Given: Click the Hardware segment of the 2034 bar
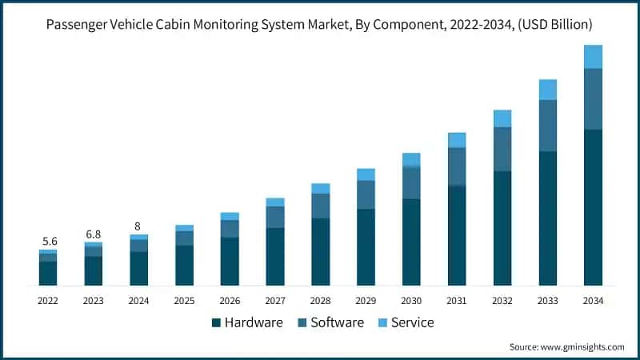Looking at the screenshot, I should pyautogui.click(x=593, y=207).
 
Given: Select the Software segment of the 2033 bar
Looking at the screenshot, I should pyautogui.click(x=547, y=126).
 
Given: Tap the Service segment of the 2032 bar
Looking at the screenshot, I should pyautogui.click(x=502, y=118).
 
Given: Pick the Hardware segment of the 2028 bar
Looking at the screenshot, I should pyautogui.click(x=320, y=251).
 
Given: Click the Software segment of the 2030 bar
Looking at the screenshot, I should pyautogui.click(x=411, y=182).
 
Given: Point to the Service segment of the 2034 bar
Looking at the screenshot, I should pyautogui.click(x=593, y=57).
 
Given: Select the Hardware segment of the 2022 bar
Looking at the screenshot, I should pyautogui.click(x=48, y=273).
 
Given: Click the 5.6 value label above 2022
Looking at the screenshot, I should pyautogui.click(x=49, y=241).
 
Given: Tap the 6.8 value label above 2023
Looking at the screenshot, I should pyautogui.click(x=94, y=234).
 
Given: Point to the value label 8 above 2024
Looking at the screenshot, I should pyautogui.click(x=138, y=226).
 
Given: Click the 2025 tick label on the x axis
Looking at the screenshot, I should pyautogui.click(x=184, y=300).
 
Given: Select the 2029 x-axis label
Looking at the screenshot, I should pyautogui.click(x=366, y=300).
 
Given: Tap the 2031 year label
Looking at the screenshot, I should pyautogui.click(x=456, y=300).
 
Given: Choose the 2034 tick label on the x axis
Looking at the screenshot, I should pyautogui.click(x=593, y=300).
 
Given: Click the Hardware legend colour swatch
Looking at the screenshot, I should pyautogui.click(x=216, y=323).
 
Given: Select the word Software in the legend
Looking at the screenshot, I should pyautogui.click(x=337, y=323).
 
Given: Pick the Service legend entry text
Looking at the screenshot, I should pyautogui.click(x=413, y=323).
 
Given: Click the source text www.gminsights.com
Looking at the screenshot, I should pyautogui.click(x=583, y=346).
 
